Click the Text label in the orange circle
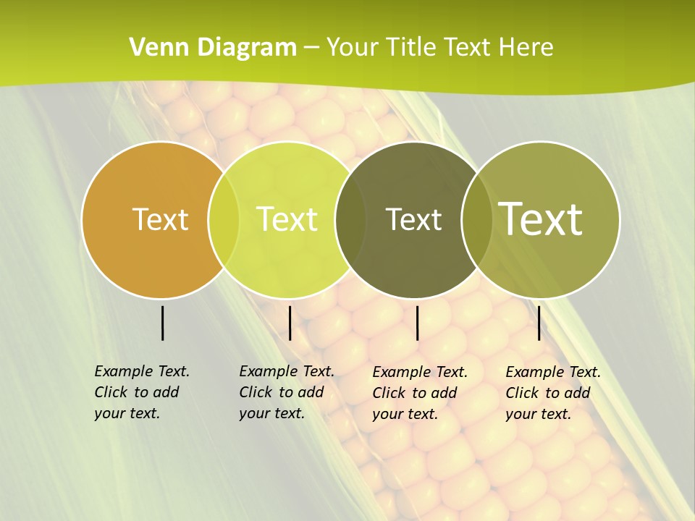pos(161,219)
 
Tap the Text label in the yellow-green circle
pos(287,219)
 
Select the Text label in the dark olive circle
pos(413,219)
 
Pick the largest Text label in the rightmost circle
pos(541,219)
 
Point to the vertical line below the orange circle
pos(163,323)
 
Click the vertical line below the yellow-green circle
pos(290,323)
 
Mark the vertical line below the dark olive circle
pos(417,323)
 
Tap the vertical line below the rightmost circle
pos(539,323)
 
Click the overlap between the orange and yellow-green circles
pos(224,219)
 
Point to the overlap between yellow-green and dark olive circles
pos(350,219)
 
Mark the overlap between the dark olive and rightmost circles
pos(476,219)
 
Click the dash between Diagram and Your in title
pos(311,47)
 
